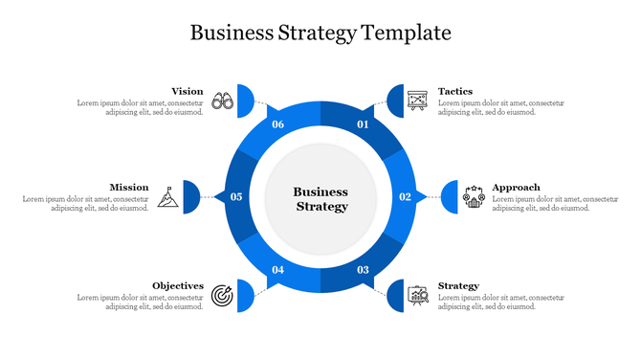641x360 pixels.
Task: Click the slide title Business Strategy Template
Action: point(320,33)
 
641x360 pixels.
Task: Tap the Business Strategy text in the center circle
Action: point(320,199)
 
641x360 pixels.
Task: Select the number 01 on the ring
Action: point(363,124)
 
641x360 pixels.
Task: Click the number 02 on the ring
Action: point(405,197)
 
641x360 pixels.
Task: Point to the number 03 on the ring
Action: point(363,270)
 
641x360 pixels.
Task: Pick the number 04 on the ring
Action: point(278,270)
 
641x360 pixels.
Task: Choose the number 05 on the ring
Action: point(236,197)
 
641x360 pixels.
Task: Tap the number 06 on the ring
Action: point(278,124)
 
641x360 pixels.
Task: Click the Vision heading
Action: point(187,92)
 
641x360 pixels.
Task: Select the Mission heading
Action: point(128,188)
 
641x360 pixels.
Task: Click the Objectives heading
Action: point(178,286)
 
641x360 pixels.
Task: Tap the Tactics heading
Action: point(455,92)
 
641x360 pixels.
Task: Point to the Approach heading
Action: point(516,188)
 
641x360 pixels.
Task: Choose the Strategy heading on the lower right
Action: point(458,286)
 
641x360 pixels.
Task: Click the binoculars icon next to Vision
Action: point(223,100)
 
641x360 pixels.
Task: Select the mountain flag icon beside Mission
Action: point(167,195)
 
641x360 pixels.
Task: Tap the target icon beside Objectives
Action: point(223,294)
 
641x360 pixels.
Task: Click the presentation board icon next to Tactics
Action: point(416,100)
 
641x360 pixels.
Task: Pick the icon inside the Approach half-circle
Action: point(474,196)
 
